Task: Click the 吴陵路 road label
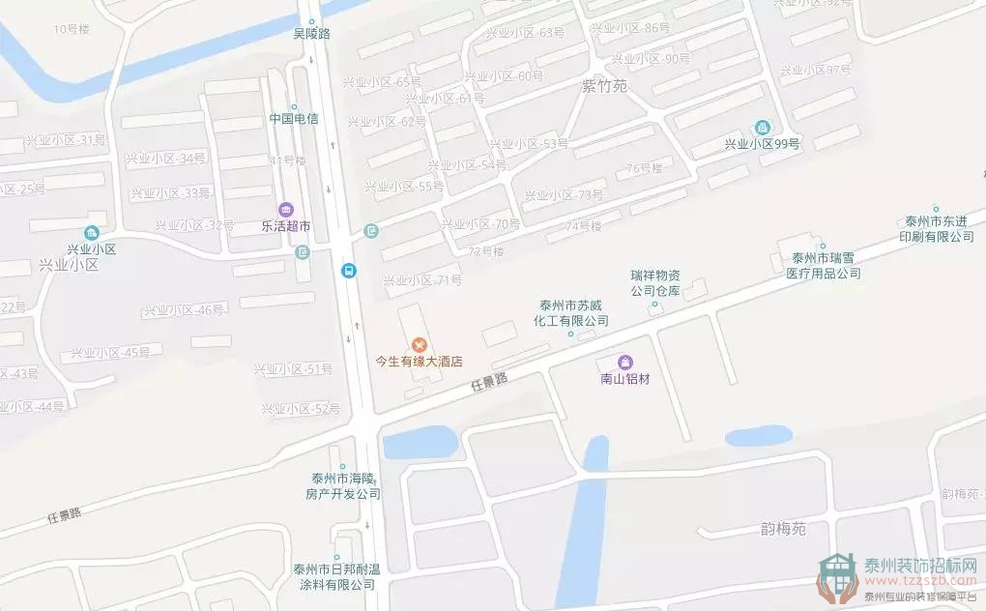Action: [311, 33]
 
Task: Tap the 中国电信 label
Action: [294, 119]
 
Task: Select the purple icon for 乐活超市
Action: [285, 209]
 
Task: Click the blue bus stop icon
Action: [348, 271]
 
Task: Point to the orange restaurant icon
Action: [420, 344]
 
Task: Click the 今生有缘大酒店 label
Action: [420, 362]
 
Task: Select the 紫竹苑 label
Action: [604, 86]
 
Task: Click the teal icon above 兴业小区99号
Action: [763, 128]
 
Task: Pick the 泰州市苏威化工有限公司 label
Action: [574, 311]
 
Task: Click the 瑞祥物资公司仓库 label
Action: [656, 281]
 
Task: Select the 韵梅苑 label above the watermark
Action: [782, 530]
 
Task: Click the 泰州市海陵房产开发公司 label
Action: [341, 485]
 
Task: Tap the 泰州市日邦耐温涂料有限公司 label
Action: [336, 576]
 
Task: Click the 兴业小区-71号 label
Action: [422, 280]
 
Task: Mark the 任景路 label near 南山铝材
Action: [489, 383]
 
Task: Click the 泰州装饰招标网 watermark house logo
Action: [837, 578]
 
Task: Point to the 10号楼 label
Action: [72, 29]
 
